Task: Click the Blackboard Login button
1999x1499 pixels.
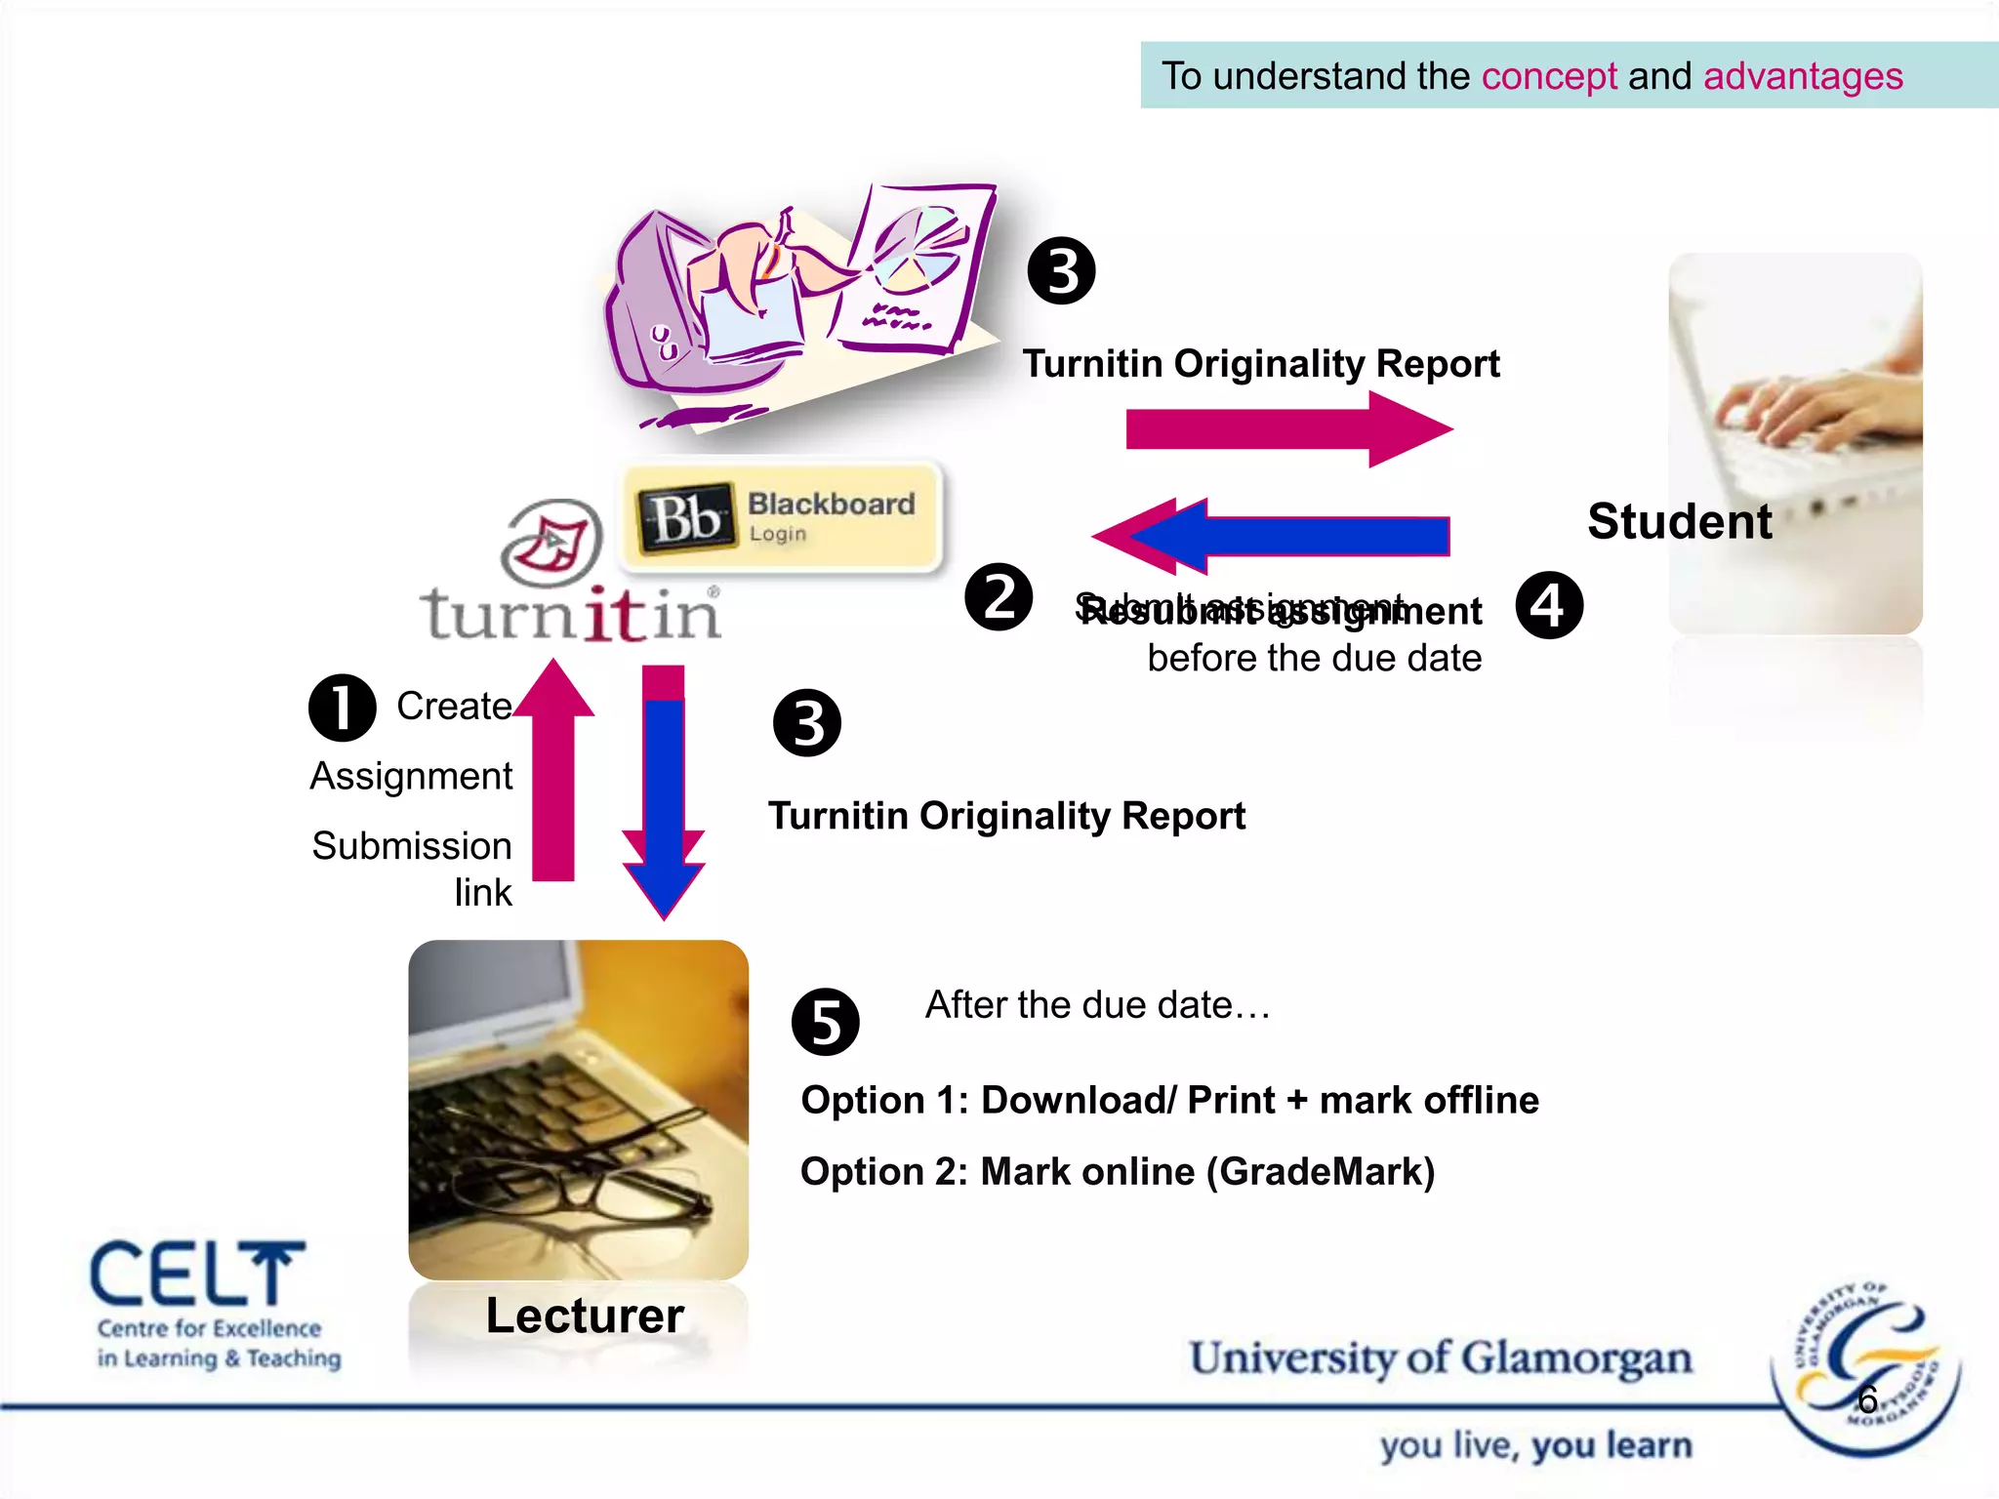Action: coord(781,516)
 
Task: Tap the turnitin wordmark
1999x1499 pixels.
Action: coord(571,615)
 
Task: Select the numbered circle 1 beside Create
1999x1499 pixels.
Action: coord(342,708)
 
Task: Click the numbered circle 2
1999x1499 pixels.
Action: coord(999,597)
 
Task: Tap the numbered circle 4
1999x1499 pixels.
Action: coord(1549,605)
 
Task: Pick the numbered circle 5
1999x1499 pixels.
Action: coord(826,1022)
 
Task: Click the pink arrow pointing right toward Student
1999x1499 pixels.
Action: coord(1288,429)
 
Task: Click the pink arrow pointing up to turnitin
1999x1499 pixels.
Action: coord(553,771)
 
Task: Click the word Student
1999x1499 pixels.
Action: coord(1679,521)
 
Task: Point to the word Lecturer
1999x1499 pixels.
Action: coord(585,1315)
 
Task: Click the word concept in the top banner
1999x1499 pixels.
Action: coord(1549,76)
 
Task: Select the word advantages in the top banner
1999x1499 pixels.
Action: coord(1803,76)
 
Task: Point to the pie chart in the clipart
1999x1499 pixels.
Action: coord(918,249)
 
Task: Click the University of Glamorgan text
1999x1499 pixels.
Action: coord(1440,1357)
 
